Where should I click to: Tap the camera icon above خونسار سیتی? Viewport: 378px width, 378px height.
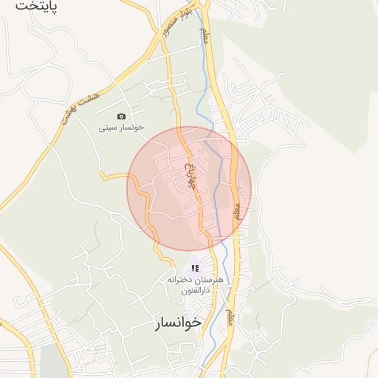click(122, 116)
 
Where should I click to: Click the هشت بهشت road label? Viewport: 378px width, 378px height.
click(77, 103)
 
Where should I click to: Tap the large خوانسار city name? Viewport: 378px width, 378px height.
click(178, 323)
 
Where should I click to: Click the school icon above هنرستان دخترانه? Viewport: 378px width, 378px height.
click(195, 268)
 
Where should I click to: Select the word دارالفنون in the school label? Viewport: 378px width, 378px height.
click(193, 291)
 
